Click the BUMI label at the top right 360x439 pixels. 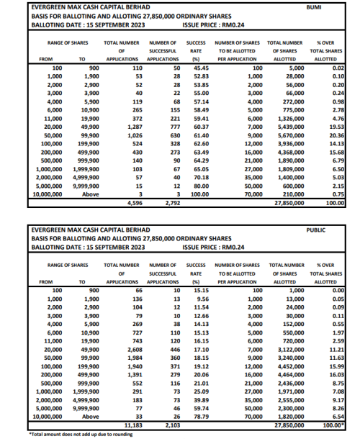pyautogui.click(x=334, y=7)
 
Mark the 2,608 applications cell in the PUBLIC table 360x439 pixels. pyautogui.click(x=135, y=349)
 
